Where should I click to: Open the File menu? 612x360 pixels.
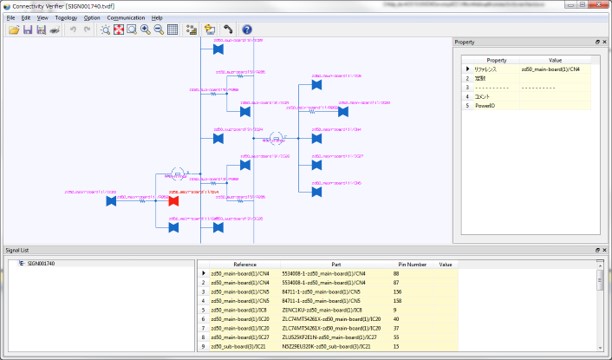click(10, 18)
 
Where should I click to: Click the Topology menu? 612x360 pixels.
click(66, 18)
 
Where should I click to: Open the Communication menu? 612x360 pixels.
click(126, 18)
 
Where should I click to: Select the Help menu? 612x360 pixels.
click(158, 18)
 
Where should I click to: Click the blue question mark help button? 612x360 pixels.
click(247, 30)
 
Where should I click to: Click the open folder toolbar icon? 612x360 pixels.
click(14, 30)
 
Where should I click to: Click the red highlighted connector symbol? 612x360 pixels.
click(173, 201)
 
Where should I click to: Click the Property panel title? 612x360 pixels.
click(465, 42)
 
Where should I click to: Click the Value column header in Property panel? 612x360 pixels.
click(555, 60)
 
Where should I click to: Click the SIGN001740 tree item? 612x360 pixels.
click(41, 264)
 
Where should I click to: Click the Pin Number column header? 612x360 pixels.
click(410, 264)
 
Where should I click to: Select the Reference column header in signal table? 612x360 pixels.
click(245, 264)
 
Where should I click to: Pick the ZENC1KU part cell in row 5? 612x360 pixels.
click(320, 309)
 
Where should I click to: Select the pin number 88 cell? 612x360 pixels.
click(397, 273)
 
